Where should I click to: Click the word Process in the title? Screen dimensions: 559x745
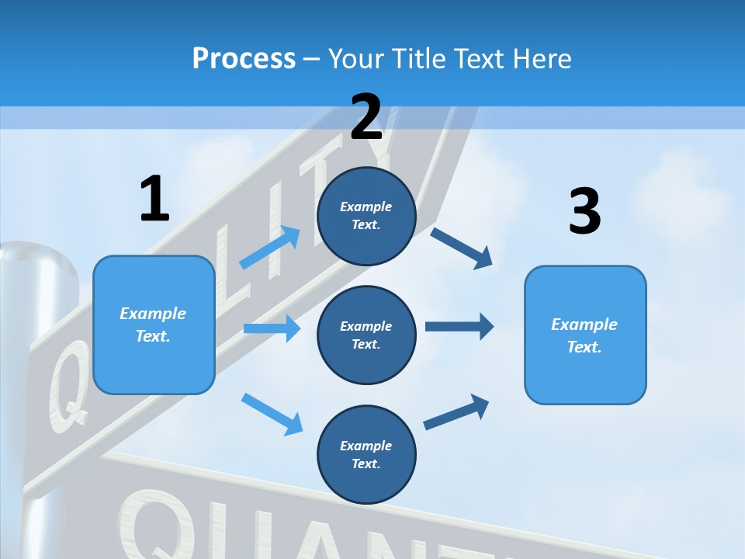244,59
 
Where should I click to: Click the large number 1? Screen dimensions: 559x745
154,199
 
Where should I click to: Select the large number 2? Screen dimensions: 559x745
366,117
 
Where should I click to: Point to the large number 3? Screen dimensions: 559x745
584,211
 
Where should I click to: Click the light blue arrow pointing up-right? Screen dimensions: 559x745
270,248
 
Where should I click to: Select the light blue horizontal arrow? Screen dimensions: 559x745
272,328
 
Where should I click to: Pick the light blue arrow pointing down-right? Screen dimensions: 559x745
272,413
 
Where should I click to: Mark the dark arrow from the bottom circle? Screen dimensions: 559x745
456,412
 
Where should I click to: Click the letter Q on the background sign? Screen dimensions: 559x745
67,384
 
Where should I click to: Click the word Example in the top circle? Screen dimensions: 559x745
366,207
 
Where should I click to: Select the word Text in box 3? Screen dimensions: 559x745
584,347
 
